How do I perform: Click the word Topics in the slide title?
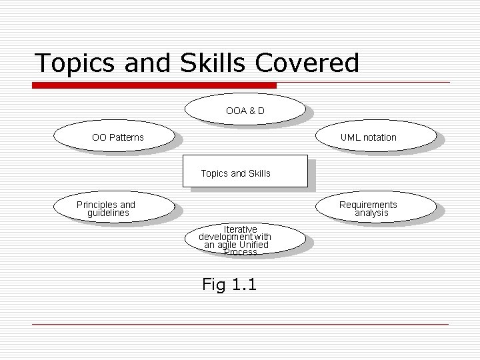click(74, 63)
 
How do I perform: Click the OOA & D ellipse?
click(245, 110)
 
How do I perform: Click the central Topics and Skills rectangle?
click(245, 171)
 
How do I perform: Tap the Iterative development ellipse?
click(245, 240)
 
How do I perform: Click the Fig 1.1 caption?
click(229, 285)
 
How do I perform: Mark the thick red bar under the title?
click(154, 85)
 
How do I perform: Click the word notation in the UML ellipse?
click(380, 137)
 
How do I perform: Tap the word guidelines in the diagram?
click(108, 213)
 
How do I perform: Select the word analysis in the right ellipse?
click(371, 213)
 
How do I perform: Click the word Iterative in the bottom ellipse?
click(240, 229)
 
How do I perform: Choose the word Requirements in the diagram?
click(368, 205)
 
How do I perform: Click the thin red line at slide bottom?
click(240, 324)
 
